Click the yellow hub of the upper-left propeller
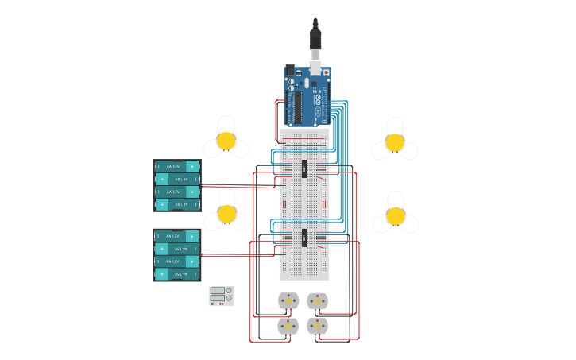[226, 141]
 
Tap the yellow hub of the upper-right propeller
[395, 142]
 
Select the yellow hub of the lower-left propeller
[227, 214]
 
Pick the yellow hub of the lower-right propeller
[396, 216]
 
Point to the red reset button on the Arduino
[326, 72]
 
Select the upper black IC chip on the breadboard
[304, 168]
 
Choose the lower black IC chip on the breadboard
[304, 238]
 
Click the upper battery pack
[177, 185]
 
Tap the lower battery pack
[177, 255]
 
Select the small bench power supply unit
[222, 296]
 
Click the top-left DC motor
[288, 300]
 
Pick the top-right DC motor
[318, 300]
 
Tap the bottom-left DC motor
[288, 326]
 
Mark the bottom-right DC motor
[318, 326]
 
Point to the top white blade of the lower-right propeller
[396, 199]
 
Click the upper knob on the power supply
[229, 291]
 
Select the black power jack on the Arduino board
[290, 72]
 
